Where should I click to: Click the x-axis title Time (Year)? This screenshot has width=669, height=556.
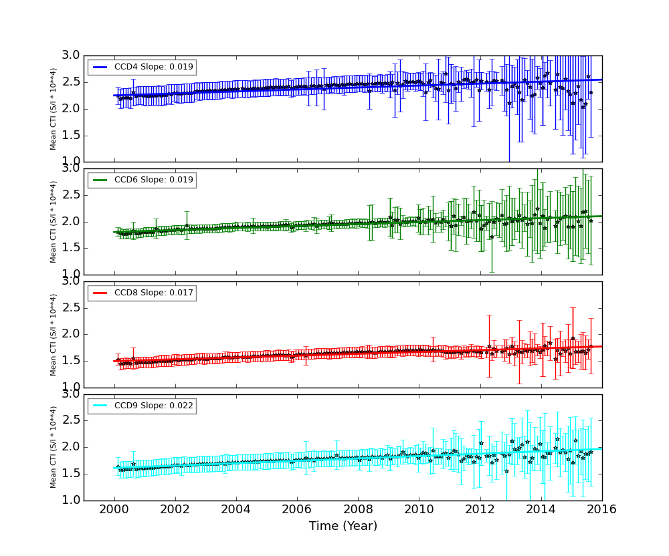pyautogui.click(x=343, y=526)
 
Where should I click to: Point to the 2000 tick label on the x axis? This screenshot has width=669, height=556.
pyautogui.click(x=114, y=509)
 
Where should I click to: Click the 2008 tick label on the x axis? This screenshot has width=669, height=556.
pyautogui.click(x=358, y=509)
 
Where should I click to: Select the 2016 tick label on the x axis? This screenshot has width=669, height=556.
pyautogui.click(x=601, y=509)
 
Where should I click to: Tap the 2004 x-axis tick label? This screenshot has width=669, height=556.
pyautogui.click(x=236, y=509)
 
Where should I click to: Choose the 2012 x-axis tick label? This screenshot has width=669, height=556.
pyautogui.click(x=480, y=509)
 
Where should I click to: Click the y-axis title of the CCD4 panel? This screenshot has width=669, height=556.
pyautogui.click(x=54, y=108)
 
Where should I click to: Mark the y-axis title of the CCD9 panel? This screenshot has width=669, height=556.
pyautogui.click(x=54, y=447)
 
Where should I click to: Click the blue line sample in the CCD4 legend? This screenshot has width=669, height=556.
pyautogui.click(x=100, y=67)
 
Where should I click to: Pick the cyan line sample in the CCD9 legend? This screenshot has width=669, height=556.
pyautogui.click(x=100, y=406)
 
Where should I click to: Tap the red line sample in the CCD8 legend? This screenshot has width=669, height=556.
pyautogui.click(x=100, y=293)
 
